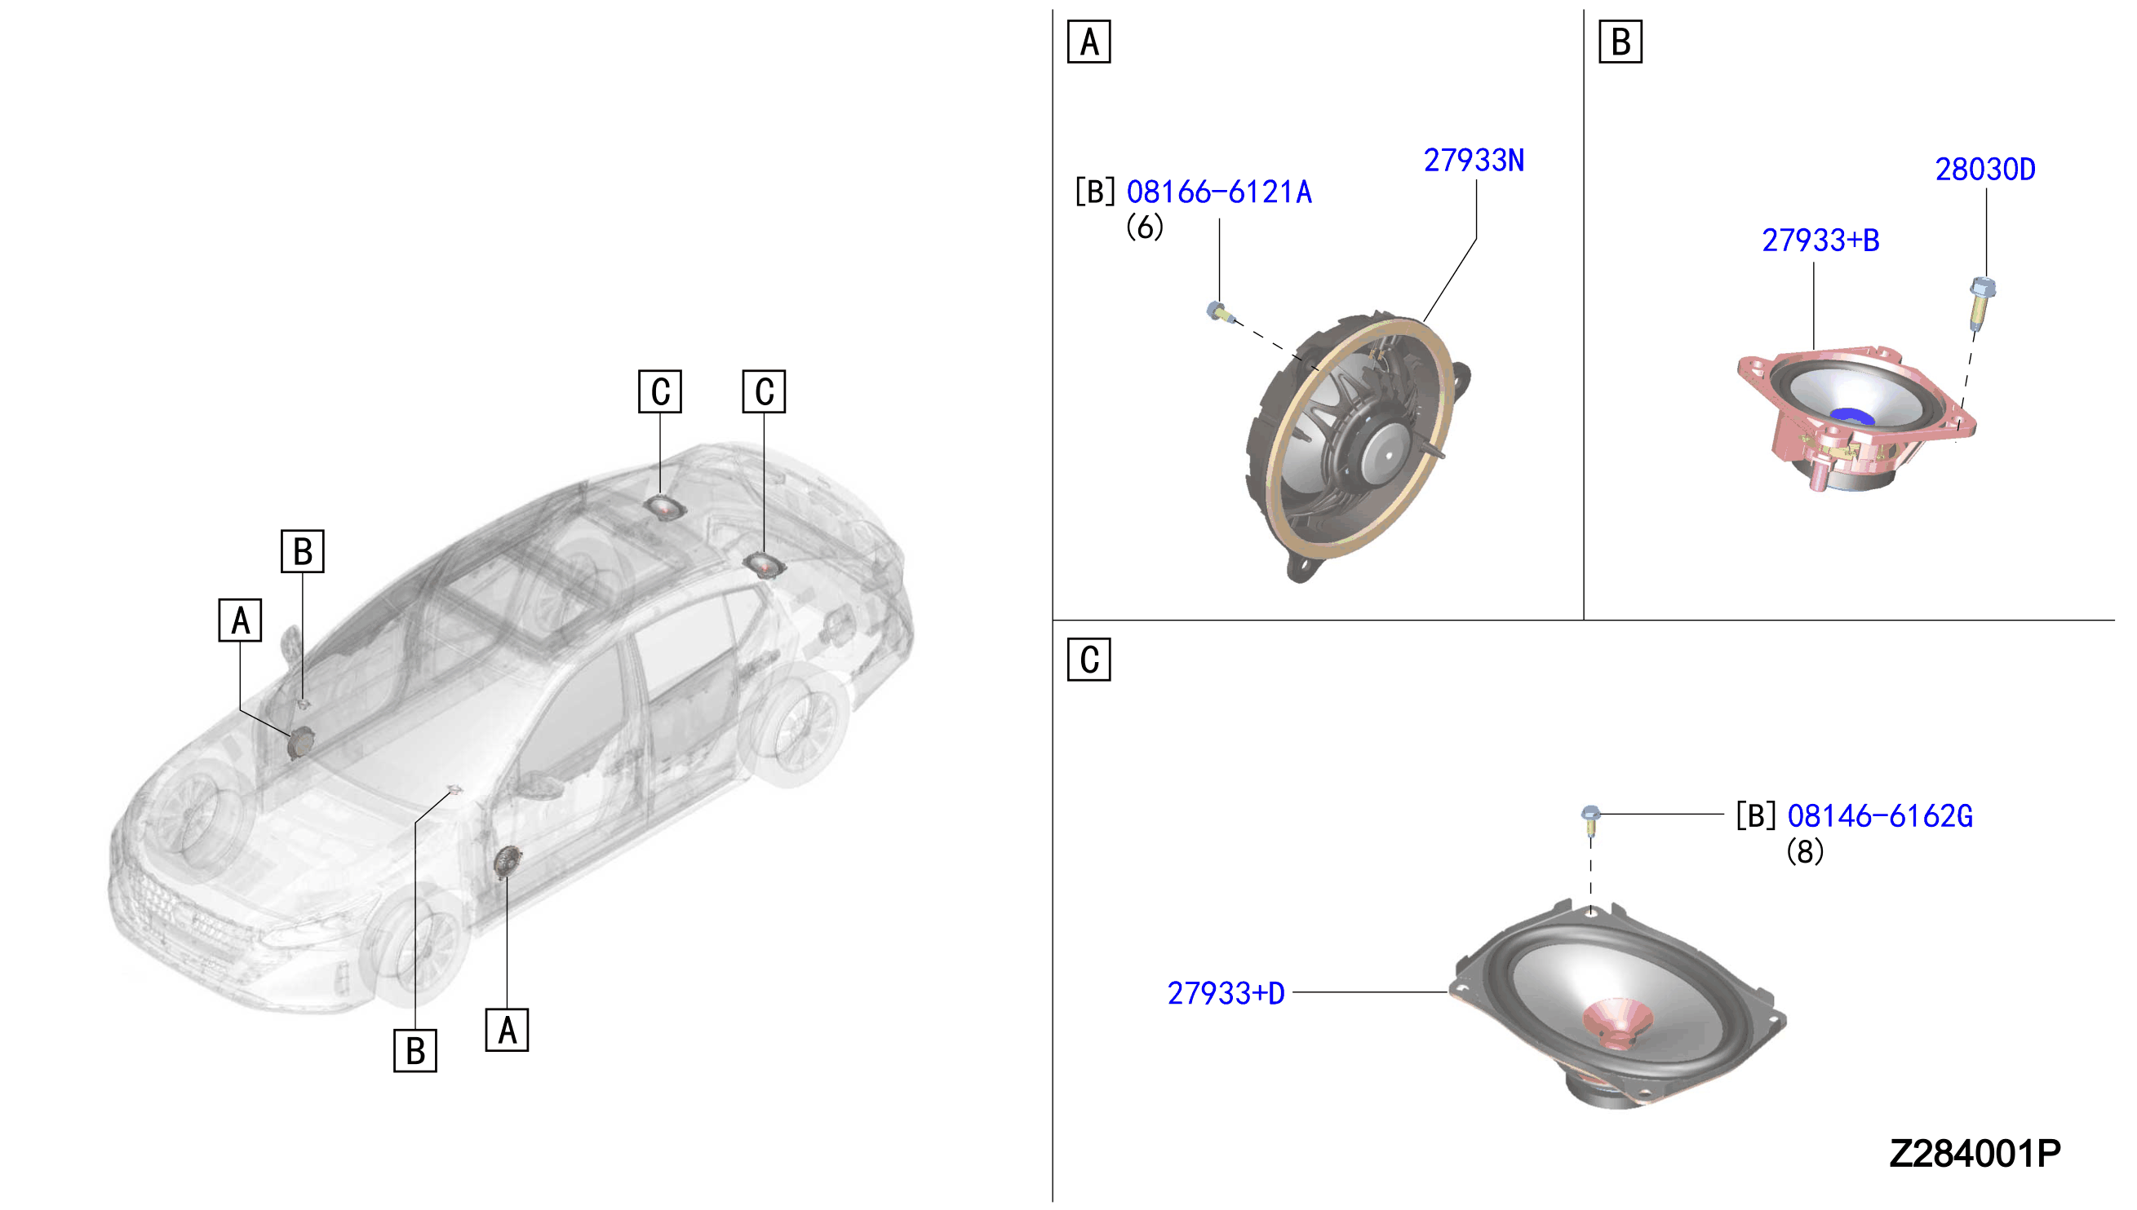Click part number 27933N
pos(1474,161)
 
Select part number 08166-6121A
pos(1219,192)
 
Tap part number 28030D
pos(1985,170)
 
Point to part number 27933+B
pos(1820,241)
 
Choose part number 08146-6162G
pos(1880,816)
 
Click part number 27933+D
pos(1226,993)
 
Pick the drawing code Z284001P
pos(1975,1154)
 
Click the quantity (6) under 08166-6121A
pos(1145,227)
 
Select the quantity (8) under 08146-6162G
pos(1805,851)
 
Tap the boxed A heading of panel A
pos(1089,42)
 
